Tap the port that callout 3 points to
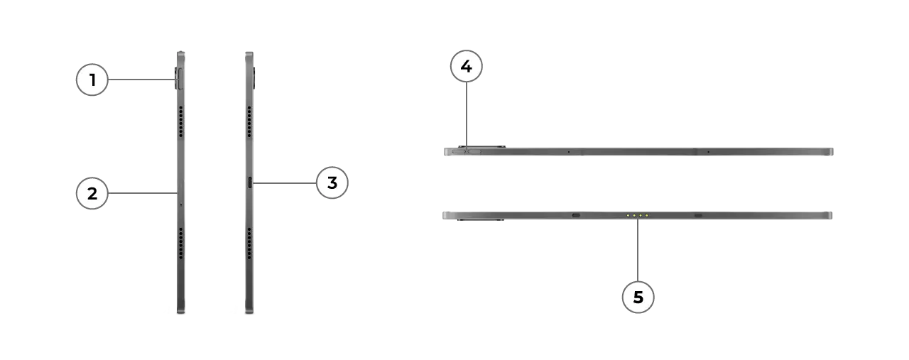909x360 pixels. point(250,182)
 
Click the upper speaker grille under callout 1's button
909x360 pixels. point(181,121)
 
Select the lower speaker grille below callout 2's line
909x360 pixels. point(181,244)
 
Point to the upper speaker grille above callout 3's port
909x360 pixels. point(249,121)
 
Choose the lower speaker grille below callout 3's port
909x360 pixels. point(249,244)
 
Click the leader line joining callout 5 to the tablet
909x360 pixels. point(638,250)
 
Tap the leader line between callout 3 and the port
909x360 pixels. point(284,183)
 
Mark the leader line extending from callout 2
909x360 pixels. point(143,193)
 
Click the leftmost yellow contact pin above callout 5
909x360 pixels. point(628,216)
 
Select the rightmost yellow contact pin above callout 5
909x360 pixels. point(646,216)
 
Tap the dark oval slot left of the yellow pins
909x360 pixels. point(576,215)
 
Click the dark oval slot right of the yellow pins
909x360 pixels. point(698,215)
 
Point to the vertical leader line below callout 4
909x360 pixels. point(467,116)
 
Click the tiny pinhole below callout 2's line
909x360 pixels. point(181,204)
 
